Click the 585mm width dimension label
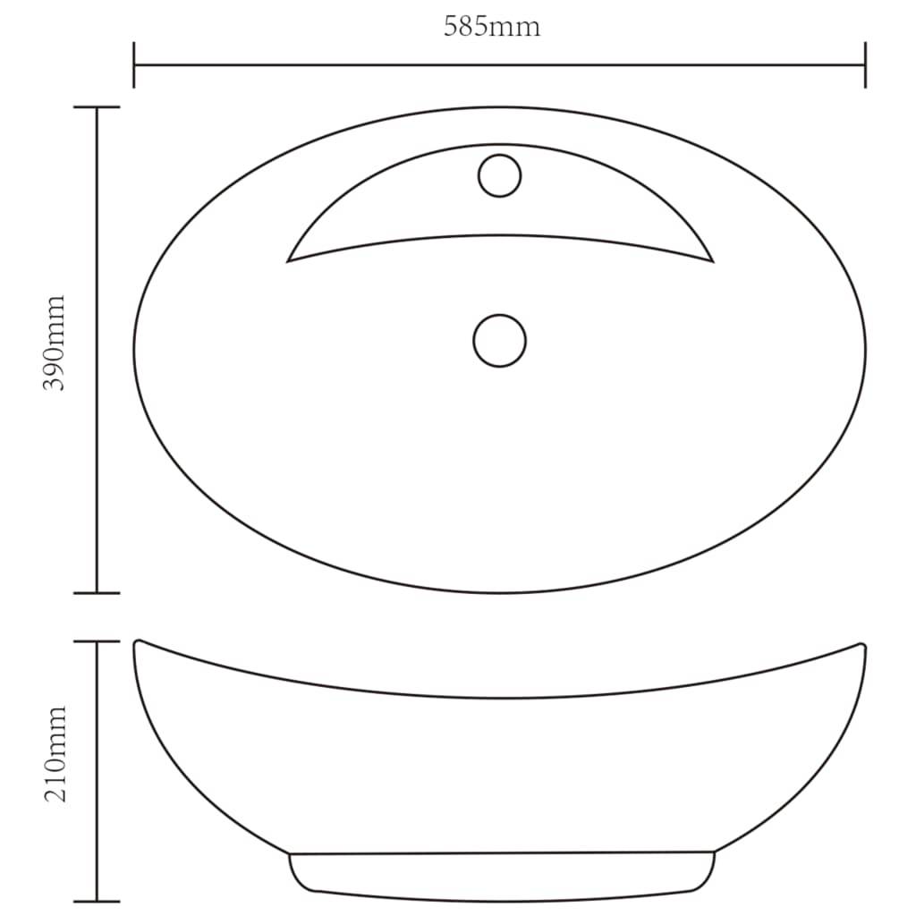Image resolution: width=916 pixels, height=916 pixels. click(492, 27)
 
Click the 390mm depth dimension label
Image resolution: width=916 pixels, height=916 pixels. click(55, 343)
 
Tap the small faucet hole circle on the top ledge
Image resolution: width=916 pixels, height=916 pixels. click(499, 175)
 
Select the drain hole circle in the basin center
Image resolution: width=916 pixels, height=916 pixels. click(499, 340)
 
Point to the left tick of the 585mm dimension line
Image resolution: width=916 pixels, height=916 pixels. click(134, 64)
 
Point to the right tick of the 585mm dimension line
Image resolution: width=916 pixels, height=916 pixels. click(865, 64)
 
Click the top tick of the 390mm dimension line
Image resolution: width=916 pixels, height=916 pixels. click(97, 107)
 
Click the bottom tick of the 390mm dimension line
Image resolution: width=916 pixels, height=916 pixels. click(97, 592)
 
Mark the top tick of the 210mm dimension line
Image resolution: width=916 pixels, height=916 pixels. click(97, 641)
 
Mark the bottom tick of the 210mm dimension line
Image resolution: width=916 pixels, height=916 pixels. click(97, 900)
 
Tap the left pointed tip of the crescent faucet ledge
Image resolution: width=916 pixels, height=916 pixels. click(288, 261)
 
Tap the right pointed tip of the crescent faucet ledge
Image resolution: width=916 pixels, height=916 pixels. click(712, 261)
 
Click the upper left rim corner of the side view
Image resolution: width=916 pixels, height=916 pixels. click(137, 642)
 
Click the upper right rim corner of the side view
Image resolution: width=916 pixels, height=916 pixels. click(862, 645)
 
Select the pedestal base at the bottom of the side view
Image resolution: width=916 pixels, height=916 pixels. click(501, 875)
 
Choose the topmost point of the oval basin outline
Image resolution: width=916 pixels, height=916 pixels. click(499, 107)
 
